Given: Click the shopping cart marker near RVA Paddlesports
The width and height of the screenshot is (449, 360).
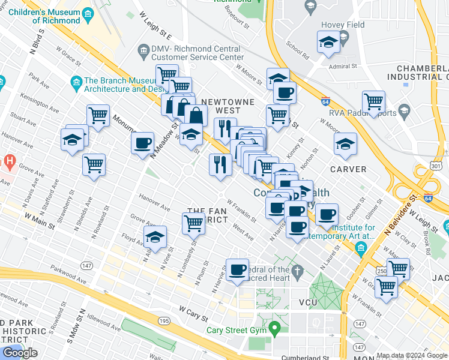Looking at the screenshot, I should point(373,103).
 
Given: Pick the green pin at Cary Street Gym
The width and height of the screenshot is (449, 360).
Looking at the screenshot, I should point(275,328).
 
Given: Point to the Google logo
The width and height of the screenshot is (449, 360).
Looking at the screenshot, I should point(20,353).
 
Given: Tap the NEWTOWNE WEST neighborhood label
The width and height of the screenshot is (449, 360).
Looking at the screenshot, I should point(228,106).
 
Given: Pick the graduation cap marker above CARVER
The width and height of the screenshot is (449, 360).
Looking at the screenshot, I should point(345,144).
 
